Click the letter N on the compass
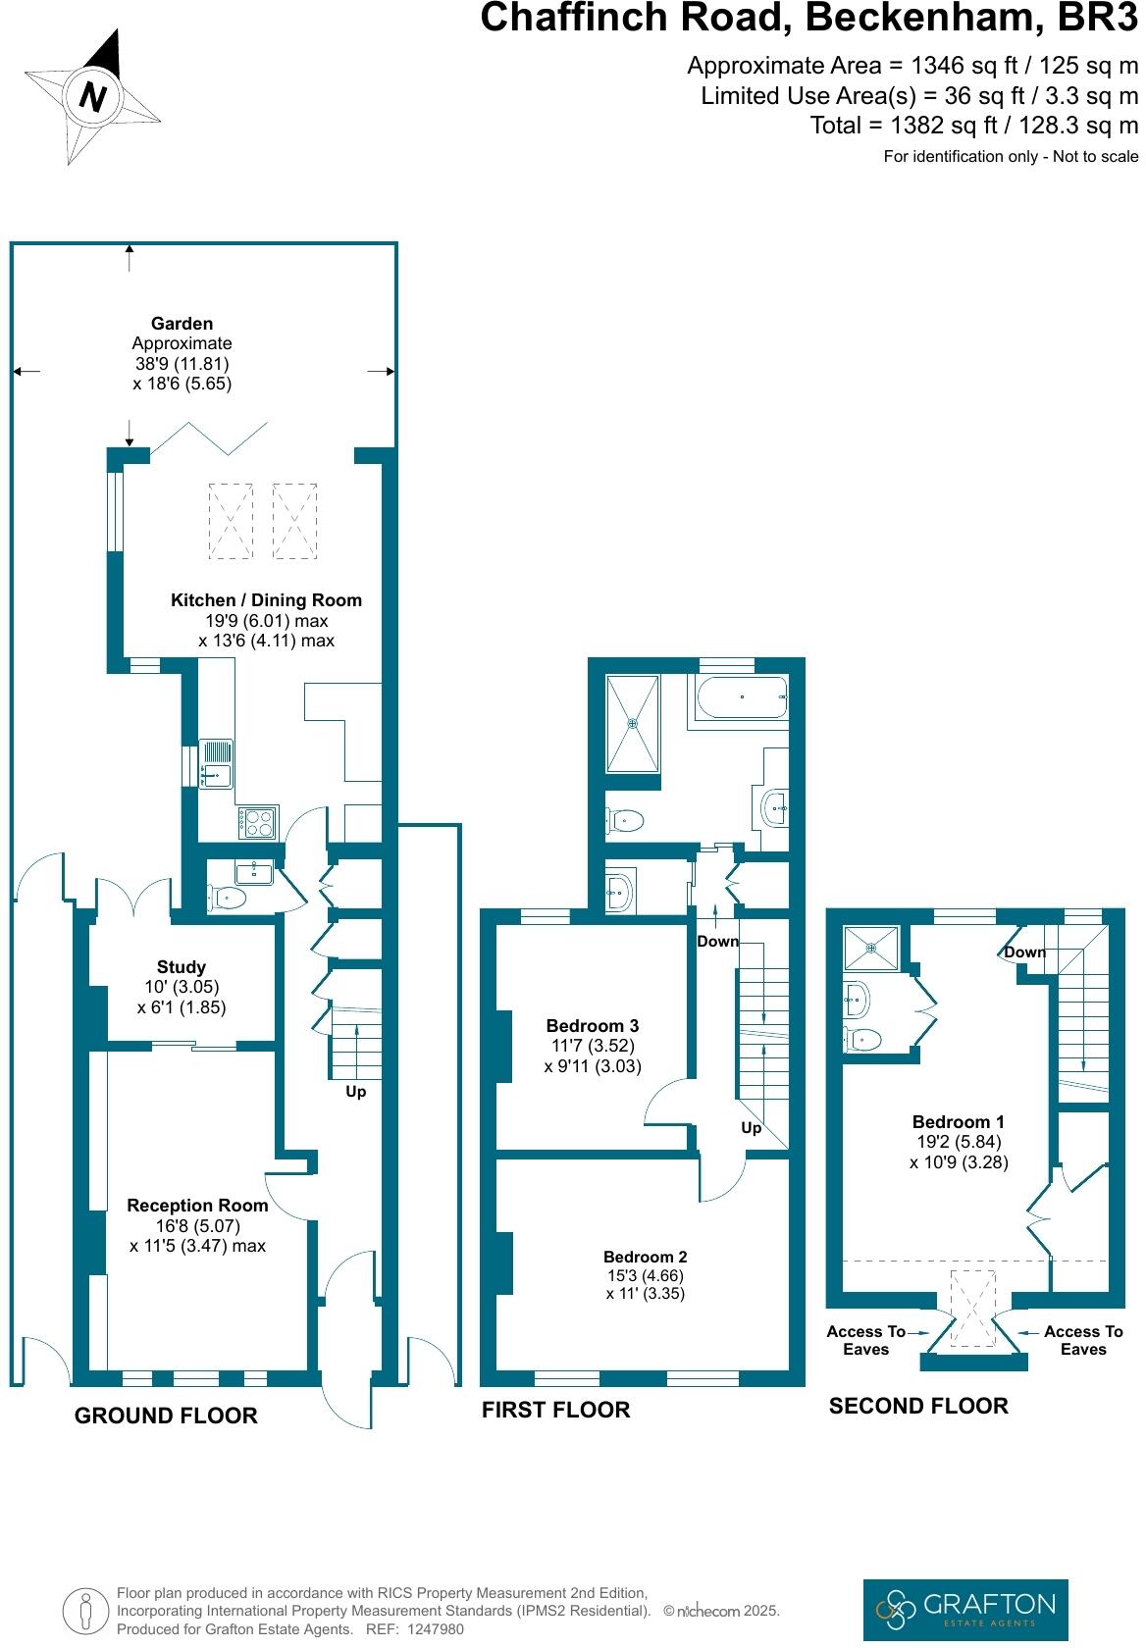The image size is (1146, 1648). [93, 97]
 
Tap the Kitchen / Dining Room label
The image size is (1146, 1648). [266, 600]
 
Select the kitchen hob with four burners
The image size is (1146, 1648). [259, 822]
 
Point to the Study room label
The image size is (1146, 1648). [182, 967]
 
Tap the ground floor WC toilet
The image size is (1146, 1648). [229, 896]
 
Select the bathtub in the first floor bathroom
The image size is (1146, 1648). [741, 697]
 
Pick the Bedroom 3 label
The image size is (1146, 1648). [593, 1026]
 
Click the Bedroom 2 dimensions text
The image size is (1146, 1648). [645, 1285]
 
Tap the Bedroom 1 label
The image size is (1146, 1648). [958, 1122]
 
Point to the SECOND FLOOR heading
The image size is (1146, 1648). [918, 1406]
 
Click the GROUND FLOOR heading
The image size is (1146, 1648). [166, 1416]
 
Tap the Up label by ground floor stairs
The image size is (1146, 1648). [355, 1092]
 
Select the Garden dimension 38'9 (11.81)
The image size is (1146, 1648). [182, 364]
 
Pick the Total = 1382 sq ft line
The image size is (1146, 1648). [973, 126]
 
